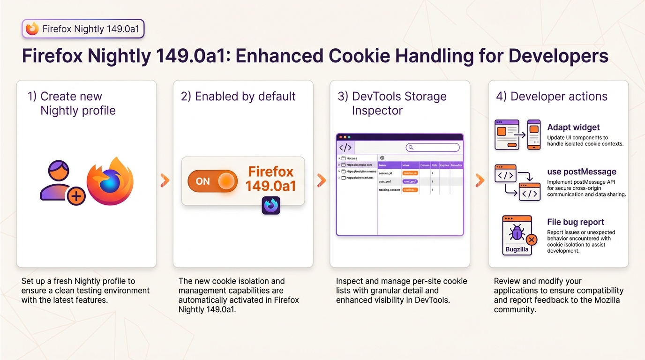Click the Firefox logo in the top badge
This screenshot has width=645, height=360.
32,29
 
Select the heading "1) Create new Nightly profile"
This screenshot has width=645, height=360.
71,104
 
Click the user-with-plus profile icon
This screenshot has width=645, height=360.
62,183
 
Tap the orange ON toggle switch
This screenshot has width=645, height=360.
212,181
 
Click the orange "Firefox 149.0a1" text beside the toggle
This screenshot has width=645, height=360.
270,179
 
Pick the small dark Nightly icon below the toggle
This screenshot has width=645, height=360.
270,205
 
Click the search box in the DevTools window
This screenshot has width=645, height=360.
432,148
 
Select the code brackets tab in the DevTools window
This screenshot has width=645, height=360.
345,148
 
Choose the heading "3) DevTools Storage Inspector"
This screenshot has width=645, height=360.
392,104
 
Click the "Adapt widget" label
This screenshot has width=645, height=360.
573,127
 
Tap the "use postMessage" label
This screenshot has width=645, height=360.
581,172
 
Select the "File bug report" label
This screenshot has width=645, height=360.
576,222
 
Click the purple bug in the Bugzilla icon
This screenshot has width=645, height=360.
517,232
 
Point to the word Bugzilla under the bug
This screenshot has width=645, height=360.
517,249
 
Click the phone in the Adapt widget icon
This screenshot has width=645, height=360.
534,135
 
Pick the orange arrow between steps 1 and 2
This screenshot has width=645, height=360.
165,180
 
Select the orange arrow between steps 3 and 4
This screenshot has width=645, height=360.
479,180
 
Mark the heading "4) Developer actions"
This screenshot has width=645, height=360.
552,97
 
